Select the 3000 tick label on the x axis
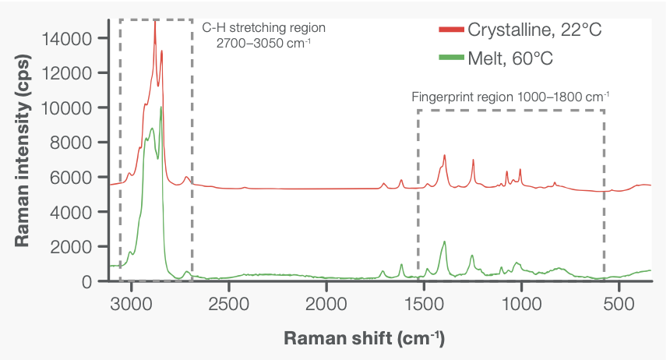click(132, 302)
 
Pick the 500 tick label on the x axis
click(619, 302)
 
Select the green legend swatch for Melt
click(451, 58)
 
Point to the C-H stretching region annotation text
click(263, 34)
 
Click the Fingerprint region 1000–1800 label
click(510, 97)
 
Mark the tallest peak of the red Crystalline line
click(155, 23)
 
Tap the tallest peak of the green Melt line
click(160, 108)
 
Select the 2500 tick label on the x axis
click(229, 302)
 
